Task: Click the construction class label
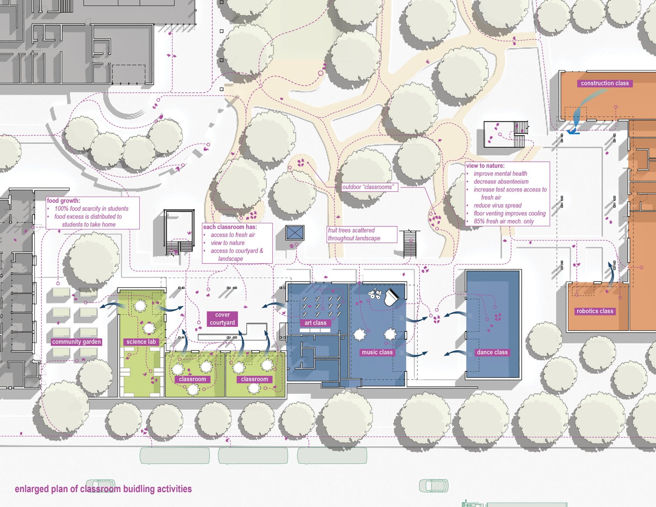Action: tap(605, 83)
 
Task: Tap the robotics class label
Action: tap(595, 311)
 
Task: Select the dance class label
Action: tap(492, 352)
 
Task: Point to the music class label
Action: tap(377, 352)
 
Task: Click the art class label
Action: tap(315, 323)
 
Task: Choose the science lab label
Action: tap(141, 342)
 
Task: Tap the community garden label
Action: tap(76, 342)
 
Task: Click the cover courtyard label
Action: tap(222, 319)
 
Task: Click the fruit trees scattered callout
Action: tap(362, 234)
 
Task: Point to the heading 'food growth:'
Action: tap(64, 201)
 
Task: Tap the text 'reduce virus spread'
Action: tap(497, 206)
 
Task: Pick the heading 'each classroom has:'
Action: tap(230, 227)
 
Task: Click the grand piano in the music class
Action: tap(392, 297)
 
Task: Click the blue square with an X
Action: tap(295, 233)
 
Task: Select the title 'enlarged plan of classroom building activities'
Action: tap(103, 489)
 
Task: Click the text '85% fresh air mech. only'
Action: tap(503, 222)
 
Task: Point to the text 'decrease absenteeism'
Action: tap(501, 182)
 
